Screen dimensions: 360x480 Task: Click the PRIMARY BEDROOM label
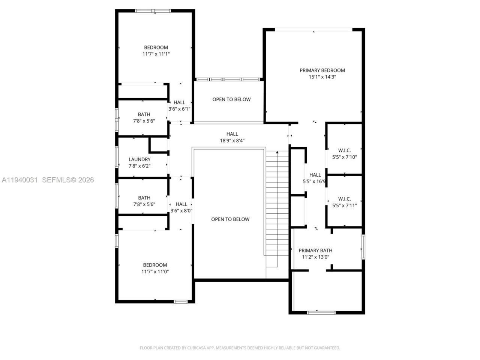click(x=322, y=70)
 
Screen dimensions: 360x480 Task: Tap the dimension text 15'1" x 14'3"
click(x=322, y=77)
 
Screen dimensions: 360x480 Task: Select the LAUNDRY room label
click(x=139, y=159)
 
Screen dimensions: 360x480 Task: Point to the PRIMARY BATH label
click(x=315, y=250)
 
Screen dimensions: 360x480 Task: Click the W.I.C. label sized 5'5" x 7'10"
click(x=344, y=150)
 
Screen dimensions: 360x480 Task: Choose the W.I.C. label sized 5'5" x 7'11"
click(x=344, y=199)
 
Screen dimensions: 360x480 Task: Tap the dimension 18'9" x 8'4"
click(x=232, y=141)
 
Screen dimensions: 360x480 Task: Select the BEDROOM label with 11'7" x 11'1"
click(x=156, y=47)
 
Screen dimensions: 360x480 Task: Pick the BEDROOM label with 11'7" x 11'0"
click(x=155, y=265)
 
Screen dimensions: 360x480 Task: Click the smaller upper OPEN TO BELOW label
click(x=231, y=99)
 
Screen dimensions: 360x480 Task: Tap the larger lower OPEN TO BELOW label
click(x=230, y=219)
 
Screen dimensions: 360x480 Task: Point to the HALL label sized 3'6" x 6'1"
click(x=179, y=102)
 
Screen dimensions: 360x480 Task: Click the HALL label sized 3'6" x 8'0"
click(x=181, y=204)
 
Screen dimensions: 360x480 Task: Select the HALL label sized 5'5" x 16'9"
click(x=315, y=175)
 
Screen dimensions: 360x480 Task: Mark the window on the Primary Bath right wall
click(x=363, y=247)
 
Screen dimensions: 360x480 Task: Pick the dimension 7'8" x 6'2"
click(x=139, y=166)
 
